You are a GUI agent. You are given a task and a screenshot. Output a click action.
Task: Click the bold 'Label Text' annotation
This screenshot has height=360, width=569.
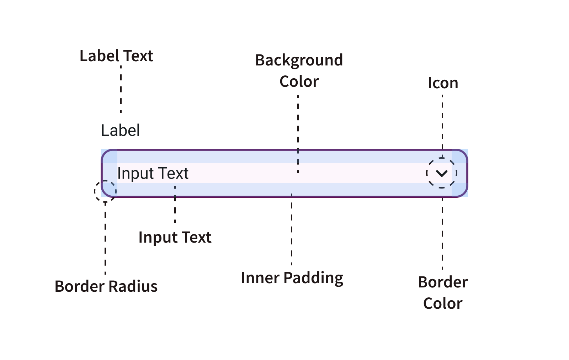pyautogui.click(x=116, y=56)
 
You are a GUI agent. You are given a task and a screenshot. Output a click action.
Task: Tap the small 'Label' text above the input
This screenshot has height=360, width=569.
pyautogui.click(x=120, y=131)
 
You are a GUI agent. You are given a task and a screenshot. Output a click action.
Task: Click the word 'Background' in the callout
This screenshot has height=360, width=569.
pyautogui.click(x=299, y=60)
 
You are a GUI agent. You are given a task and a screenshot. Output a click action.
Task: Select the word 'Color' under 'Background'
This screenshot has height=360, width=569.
pyautogui.click(x=299, y=81)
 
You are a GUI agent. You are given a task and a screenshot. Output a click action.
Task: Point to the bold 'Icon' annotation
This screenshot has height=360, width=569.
pyautogui.click(x=443, y=83)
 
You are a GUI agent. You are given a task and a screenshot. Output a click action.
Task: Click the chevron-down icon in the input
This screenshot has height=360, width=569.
pyautogui.click(x=442, y=173)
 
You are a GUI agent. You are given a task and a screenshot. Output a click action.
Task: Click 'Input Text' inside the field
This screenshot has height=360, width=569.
pyautogui.click(x=153, y=173)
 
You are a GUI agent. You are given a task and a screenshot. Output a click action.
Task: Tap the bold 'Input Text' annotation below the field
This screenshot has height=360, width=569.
pyautogui.click(x=175, y=237)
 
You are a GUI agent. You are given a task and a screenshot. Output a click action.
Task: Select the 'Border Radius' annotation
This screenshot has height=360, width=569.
pyautogui.click(x=106, y=286)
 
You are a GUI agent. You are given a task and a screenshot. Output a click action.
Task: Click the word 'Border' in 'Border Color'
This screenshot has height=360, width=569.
pyautogui.click(x=443, y=282)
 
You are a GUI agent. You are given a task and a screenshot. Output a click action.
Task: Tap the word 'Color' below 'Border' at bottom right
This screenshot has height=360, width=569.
pyautogui.click(x=443, y=303)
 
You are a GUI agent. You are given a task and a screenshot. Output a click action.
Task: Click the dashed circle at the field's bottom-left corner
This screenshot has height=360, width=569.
pyautogui.click(x=105, y=191)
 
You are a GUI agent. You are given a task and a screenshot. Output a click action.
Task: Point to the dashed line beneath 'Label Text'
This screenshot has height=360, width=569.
pyautogui.click(x=121, y=89)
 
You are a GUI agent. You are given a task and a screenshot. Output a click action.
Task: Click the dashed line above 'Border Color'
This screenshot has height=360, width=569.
pyautogui.click(x=442, y=233)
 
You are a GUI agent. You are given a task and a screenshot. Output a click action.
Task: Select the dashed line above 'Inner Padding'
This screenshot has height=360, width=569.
pyautogui.click(x=292, y=229)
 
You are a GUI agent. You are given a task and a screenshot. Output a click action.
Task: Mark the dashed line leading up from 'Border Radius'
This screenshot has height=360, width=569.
pyautogui.click(x=105, y=238)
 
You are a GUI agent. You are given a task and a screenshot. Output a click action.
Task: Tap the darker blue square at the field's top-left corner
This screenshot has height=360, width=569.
pyautogui.click(x=110, y=156)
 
